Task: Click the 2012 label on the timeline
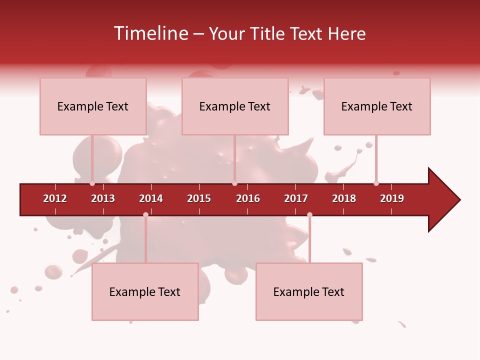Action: (55, 198)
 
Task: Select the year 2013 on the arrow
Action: (103, 198)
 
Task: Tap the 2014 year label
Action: (151, 198)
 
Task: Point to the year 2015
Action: (199, 198)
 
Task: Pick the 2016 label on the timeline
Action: (248, 198)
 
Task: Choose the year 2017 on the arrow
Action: (296, 198)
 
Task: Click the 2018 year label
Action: (344, 198)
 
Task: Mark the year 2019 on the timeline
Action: (392, 198)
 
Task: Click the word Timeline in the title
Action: (150, 33)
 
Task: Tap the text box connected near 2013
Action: (93, 106)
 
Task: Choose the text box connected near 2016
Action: (235, 106)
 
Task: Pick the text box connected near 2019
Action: (377, 106)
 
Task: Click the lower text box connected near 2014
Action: (145, 291)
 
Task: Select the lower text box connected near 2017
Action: (309, 291)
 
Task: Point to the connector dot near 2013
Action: (92, 183)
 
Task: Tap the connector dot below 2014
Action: (145, 214)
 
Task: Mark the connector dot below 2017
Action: (309, 214)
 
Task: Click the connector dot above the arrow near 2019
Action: (376, 183)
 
